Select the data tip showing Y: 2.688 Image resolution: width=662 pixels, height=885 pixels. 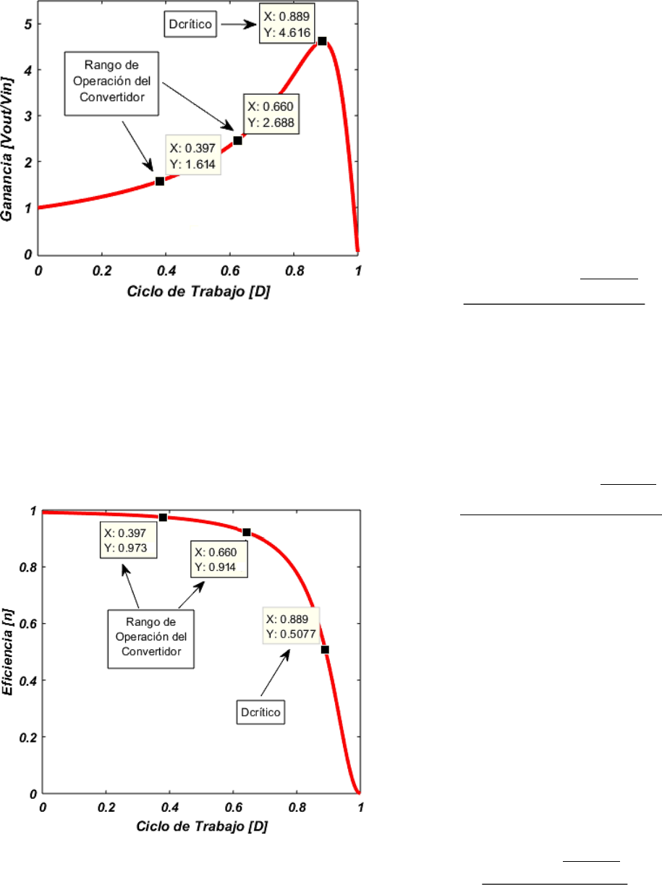pos(271,113)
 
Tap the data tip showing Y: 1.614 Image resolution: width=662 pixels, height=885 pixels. pos(194,156)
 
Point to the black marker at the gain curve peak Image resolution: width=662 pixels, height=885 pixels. pos(322,41)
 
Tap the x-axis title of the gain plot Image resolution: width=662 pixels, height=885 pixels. pos(198,291)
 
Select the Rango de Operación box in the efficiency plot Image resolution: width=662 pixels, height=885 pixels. pos(153,632)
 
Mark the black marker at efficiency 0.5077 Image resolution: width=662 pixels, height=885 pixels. pos(325,650)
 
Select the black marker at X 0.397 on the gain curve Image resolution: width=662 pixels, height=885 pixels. pos(160,181)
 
